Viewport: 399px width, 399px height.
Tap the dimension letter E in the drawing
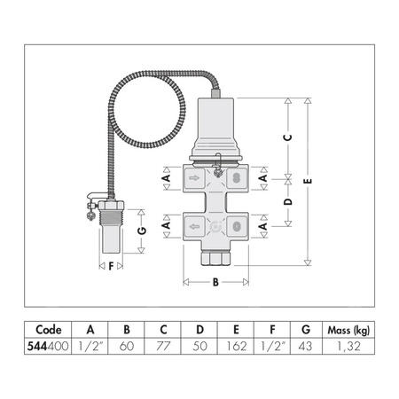pos(307,182)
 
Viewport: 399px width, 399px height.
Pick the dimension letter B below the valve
pos(215,284)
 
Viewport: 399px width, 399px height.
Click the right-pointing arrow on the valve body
pos(194,178)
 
